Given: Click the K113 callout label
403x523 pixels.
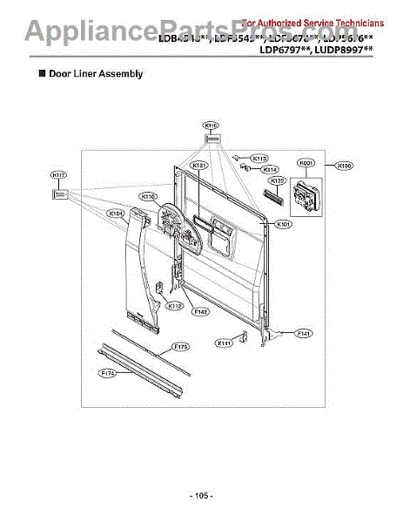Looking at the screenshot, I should (259, 158).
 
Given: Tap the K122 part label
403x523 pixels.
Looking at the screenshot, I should (276, 181).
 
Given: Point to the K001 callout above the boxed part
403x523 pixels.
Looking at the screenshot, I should (306, 163).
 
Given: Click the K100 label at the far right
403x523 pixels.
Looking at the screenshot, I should (345, 164).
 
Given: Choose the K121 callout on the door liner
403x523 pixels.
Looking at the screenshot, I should (198, 165).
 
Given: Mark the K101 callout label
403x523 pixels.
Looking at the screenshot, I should (284, 224).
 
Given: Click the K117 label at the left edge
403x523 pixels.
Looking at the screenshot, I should (59, 174).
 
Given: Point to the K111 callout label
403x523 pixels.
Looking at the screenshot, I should (225, 343).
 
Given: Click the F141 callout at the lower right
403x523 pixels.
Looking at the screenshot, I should (304, 333).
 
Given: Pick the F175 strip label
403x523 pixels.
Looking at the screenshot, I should (180, 346).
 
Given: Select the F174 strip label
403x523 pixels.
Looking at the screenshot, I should (109, 373).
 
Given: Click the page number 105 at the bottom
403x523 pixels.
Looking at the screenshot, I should (201, 495).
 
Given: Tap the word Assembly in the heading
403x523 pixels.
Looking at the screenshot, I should (121, 74).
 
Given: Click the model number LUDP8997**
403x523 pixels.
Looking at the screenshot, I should (342, 51).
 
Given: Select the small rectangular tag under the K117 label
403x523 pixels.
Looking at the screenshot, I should (59, 195).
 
